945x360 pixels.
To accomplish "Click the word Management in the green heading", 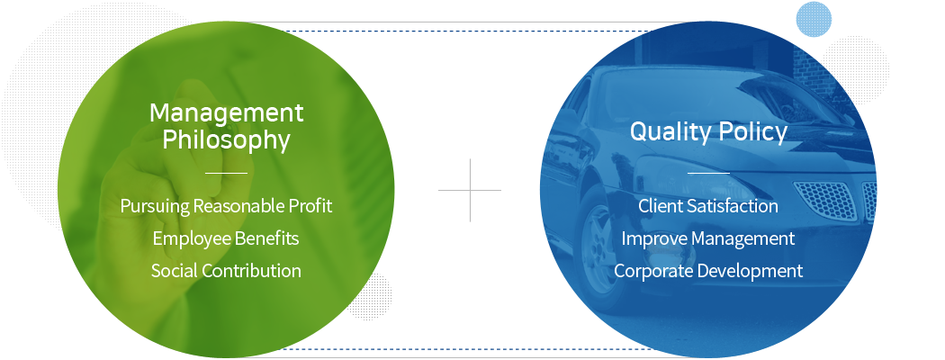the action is pos(226,112).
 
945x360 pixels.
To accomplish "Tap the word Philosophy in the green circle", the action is pos(226,140).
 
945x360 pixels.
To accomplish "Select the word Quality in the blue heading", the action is pos(670,132).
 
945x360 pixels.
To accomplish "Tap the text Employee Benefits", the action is pos(225,238).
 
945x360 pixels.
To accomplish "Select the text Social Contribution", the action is pos(226,271).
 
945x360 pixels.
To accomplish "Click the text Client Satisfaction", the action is pos(708,206).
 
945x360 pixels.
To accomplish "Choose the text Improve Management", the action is pos(708,238).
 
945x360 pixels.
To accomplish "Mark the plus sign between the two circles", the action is pos(470,190).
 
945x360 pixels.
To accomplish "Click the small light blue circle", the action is pos(814,19).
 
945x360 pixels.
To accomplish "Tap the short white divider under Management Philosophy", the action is pos(226,173).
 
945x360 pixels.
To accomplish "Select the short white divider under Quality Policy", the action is pos(708,173).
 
